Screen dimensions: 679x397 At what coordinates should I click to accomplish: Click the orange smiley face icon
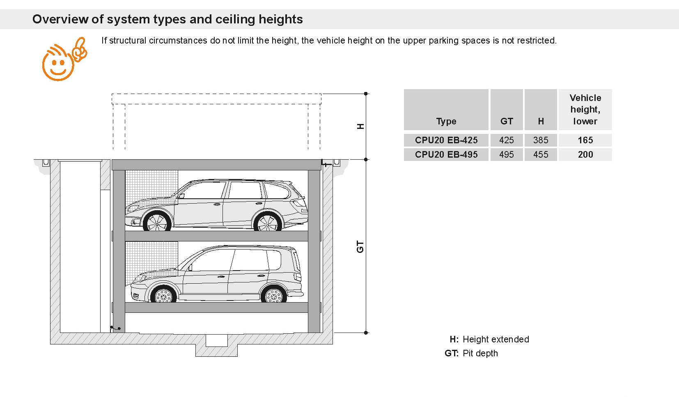[64, 59]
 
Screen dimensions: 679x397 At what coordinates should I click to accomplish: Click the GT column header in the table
[507, 121]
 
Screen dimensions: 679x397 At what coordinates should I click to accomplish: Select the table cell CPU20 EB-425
[446, 140]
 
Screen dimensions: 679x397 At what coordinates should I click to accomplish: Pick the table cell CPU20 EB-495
[446, 154]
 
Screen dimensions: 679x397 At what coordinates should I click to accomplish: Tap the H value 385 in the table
[541, 140]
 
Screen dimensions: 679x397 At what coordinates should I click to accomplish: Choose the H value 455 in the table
[541, 154]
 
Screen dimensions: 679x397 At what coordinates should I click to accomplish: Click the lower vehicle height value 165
[585, 140]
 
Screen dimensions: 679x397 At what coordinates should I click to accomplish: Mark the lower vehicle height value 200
[585, 154]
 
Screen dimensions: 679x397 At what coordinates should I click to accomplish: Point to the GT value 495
[507, 154]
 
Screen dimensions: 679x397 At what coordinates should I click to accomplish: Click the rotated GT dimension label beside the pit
[360, 247]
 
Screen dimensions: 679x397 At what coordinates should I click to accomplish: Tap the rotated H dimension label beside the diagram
[360, 126]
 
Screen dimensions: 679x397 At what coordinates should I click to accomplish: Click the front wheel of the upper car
[157, 222]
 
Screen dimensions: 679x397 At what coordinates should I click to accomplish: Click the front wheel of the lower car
[163, 294]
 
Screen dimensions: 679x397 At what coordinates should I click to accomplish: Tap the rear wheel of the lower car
[273, 294]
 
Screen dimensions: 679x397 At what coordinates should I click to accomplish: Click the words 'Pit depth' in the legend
[480, 353]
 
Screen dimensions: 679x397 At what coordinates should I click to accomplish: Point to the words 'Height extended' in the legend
[496, 339]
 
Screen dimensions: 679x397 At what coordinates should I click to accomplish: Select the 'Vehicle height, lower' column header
[585, 109]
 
